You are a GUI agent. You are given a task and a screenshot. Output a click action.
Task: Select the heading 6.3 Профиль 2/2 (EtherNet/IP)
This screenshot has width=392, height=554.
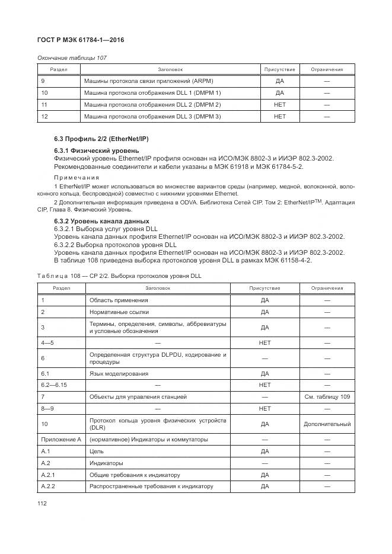pyautogui.click(x=101, y=139)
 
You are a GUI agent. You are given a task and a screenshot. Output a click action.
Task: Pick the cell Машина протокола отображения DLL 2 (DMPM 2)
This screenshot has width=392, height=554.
pyautogui.click(x=152, y=105)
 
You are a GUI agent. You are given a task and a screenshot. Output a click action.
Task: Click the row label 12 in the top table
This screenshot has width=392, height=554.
pyautogui.click(x=44, y=117)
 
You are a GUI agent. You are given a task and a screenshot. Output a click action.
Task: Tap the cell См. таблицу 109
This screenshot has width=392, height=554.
pyautogui.click(x=327, y=396)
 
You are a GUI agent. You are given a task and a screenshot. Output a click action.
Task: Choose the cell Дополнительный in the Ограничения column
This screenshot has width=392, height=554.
pyautogui.click(x=327, y=424)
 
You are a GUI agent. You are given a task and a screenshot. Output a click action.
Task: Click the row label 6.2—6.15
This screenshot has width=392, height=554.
pyautogui.click(x=53, y=385)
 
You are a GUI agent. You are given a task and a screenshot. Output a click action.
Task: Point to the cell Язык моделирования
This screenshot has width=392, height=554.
pyautogui.click(x=119, y=374)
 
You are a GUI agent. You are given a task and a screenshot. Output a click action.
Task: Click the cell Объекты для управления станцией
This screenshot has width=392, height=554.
pyautogui.click(x=138, y=396)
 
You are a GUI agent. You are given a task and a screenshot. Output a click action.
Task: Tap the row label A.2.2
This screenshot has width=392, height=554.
pyautogui.click(x=49, y=486)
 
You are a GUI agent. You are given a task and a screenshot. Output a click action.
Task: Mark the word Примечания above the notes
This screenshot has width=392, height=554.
pyautogui.click(x=77, y=178)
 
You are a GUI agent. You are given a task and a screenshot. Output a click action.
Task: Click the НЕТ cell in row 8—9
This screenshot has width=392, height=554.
pyautogui.click(x=264, y=409)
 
